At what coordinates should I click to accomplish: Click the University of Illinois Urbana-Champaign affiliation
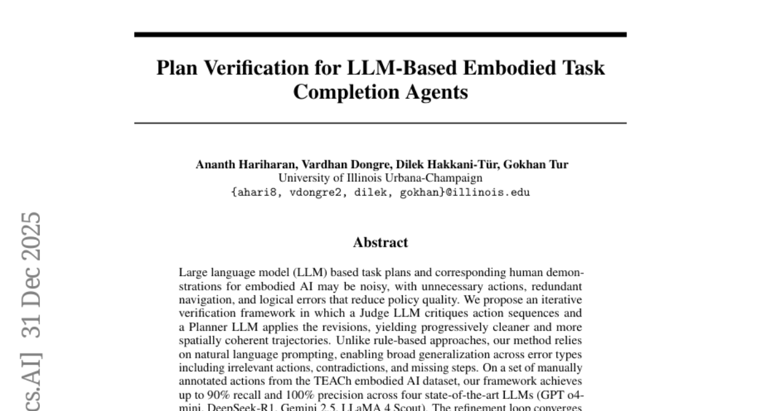380,178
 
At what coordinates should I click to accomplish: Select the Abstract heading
380,242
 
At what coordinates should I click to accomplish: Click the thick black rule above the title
380,34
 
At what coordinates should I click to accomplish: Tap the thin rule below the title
380,122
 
